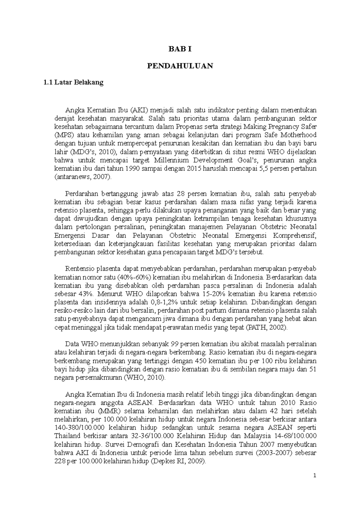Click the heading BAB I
coord(180,49)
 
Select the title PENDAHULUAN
coord(180,66)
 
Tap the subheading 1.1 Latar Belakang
coord(73,82)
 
